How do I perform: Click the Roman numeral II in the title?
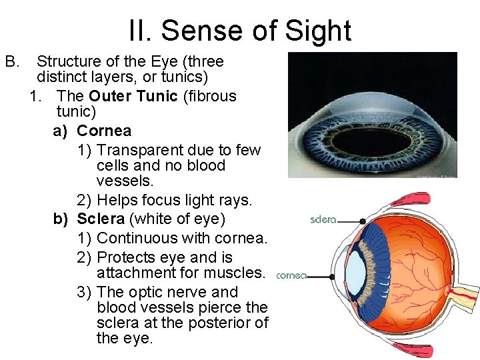(140, 31)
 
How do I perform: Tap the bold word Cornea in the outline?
(104, 131)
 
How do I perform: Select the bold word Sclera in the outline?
(101, 219)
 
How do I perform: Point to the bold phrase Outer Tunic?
(129, 96)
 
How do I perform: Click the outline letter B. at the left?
(12, 62)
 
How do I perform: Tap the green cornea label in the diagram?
(291, 275)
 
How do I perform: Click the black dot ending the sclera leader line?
(362, 221)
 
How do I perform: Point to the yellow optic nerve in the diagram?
(466, 293)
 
